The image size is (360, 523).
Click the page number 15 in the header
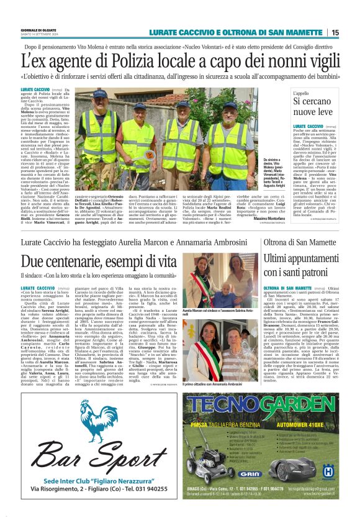coord(335,32)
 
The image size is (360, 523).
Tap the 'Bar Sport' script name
coord(94,453)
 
